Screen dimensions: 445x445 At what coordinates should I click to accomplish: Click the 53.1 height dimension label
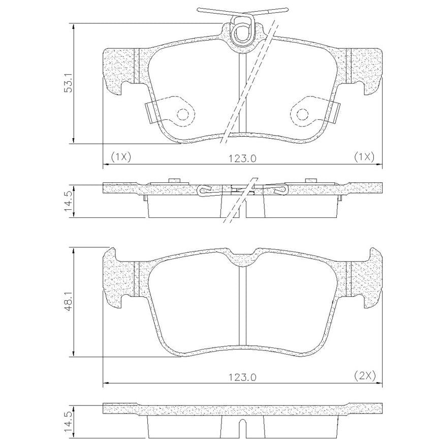coord(69,83)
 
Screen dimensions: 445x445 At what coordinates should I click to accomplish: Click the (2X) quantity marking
coord(365,376)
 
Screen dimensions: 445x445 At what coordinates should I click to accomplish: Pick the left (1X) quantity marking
coord(120,157)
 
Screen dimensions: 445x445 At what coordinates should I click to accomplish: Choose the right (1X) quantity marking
coord(364,157)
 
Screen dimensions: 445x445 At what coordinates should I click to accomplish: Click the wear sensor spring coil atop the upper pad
coord(241,32)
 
